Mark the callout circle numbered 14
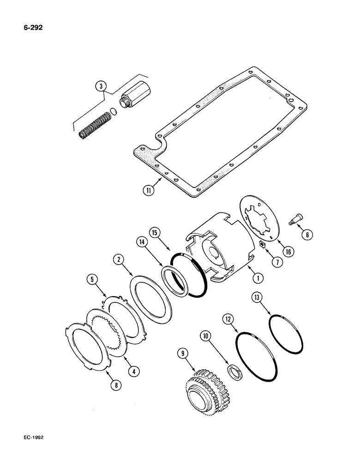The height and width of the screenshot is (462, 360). (142, 241)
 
